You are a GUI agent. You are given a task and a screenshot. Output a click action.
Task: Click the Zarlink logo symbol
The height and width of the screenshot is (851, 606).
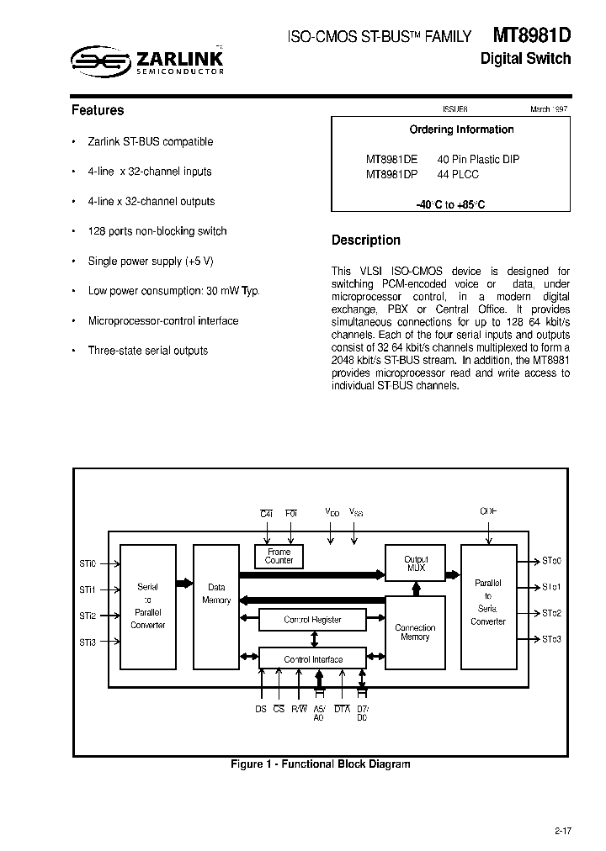click(x=98, y=60)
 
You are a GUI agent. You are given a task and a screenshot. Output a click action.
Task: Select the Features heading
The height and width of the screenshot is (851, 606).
click(x=98, y=110)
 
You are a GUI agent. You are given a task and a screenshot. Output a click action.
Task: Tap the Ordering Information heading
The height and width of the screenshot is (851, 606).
click(x=461, y=129)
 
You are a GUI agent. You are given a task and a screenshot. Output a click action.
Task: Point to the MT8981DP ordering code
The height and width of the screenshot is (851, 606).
click(x=391, y=175)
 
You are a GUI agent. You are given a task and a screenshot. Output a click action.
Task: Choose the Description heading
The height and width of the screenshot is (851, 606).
click(x=366, y=240)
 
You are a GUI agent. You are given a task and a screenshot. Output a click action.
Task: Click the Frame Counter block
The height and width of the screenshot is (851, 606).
click(x=279, y=556)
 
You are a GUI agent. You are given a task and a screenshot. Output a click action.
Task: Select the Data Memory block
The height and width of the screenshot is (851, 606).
click(x=216, y=594)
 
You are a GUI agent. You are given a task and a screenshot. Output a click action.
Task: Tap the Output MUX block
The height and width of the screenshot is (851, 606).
click(x=416, y=563)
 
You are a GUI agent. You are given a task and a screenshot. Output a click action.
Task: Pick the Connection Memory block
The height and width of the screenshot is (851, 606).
click(x=415, y=632)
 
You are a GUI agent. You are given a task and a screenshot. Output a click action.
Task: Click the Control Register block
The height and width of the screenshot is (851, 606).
click(x=312, y=620)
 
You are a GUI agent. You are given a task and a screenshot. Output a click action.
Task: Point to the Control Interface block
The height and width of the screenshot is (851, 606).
click(x=312, y=659)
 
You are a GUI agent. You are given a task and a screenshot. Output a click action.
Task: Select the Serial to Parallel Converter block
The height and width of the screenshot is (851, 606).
click(x=148, y=605)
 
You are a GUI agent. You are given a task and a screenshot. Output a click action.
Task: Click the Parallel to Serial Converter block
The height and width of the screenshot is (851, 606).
click(x=488, y=601)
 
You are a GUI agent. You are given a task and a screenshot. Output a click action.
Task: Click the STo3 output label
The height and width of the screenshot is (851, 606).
click(x=551, y=640)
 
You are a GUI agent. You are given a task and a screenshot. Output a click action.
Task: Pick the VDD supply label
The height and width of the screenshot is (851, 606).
click(x=332, y=511)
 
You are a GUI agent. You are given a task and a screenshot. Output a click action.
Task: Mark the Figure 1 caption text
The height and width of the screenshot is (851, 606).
click(x=321, y=764)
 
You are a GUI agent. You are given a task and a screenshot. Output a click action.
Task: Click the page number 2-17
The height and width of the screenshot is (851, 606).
click(x=563, y=832)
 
